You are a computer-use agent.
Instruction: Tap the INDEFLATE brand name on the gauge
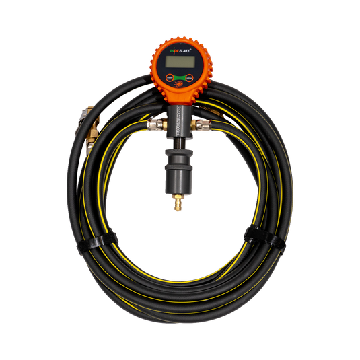[180, 50]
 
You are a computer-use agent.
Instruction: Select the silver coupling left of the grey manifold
[154, 125]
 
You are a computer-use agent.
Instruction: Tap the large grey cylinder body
[179, 176]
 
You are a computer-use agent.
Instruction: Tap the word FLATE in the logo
[186, 50]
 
